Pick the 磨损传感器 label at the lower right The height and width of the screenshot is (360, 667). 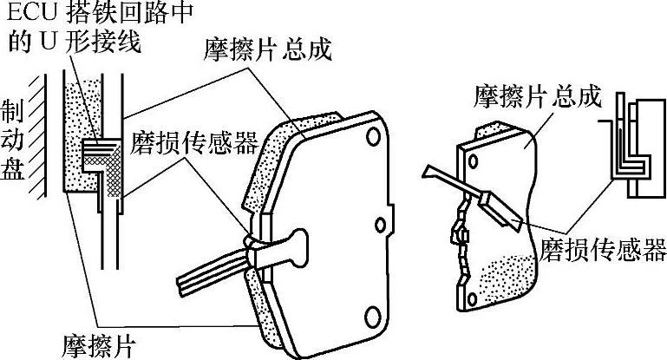[x=602, y=252]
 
